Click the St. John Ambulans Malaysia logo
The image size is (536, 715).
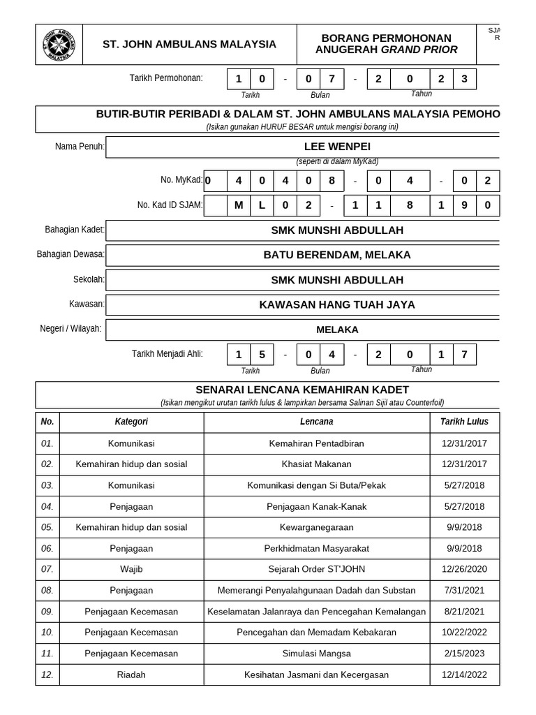pyautogui.click(x=59, y=44)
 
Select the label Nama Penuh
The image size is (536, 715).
pyautogui.click(x=80, y=147)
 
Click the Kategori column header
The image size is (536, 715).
pyautogui.click(x=131, y=422)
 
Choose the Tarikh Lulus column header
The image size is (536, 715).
pyautogui.click(x=464, y=422)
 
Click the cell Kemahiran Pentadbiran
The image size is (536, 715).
pyautogui.click(x=317, y=443)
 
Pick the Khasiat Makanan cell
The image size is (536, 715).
pyautogui.click(x=317, y=464)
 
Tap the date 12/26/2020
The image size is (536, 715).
pyautogui.click(x=464, y=569)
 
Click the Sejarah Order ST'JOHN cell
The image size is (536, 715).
pyautogui.click(x=317, y=569)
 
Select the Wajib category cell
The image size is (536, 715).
pyautogui.click(x=131, y=569)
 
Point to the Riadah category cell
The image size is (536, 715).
pyautogui.click(x=131, y=675)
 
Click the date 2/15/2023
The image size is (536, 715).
pyautogui.click(x=464, y=654)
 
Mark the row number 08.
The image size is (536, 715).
pyautogui.click(x=47, y=591)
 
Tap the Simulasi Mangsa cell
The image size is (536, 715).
pyautogui.click(x=317, y=654)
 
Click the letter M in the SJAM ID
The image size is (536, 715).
pyautogui.click(x=238, y=205)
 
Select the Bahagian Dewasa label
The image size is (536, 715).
pyautogui.click(x=70, y=254)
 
